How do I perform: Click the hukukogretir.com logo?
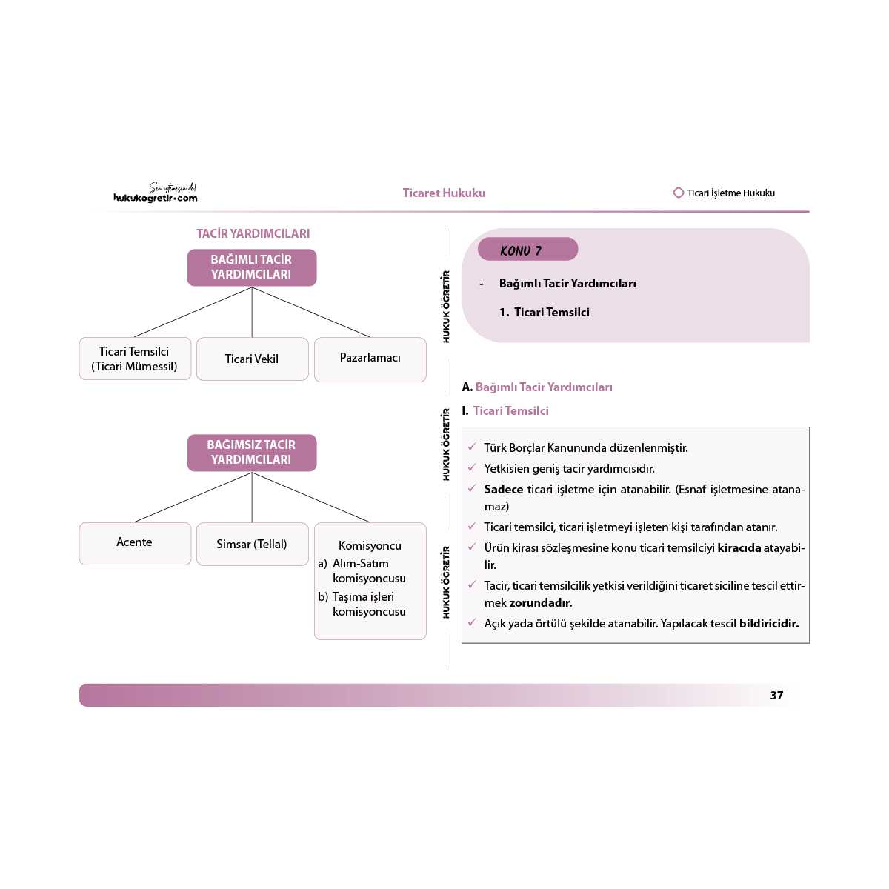pos(156,193)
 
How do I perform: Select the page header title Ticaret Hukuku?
pos(444,193)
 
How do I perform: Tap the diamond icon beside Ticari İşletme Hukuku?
pos(678,193)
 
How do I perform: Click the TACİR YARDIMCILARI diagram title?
pos(253,233)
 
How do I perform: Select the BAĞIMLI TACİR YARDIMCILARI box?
pos(252,267)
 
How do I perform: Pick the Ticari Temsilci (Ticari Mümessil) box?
pos(135,359)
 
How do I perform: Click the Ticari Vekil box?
pos(252,359)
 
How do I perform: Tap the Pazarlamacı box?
pos(370,359)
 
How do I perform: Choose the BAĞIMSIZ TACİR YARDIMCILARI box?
pos(252,453)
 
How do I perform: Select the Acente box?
pos(135,543)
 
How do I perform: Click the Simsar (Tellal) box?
pos(252,544)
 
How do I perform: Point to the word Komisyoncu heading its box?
pos(370,546)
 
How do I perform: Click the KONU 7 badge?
pos(527,250)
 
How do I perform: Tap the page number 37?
pos(776,695)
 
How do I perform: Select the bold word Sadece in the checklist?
pos(503,489)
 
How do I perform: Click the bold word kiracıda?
pos(739,548)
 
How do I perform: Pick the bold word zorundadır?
pos(540,603)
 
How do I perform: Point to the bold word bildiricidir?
pos(768,624)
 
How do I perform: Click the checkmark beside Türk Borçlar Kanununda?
pos(472,447)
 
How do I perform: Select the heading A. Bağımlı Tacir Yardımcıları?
pos(537,387)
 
